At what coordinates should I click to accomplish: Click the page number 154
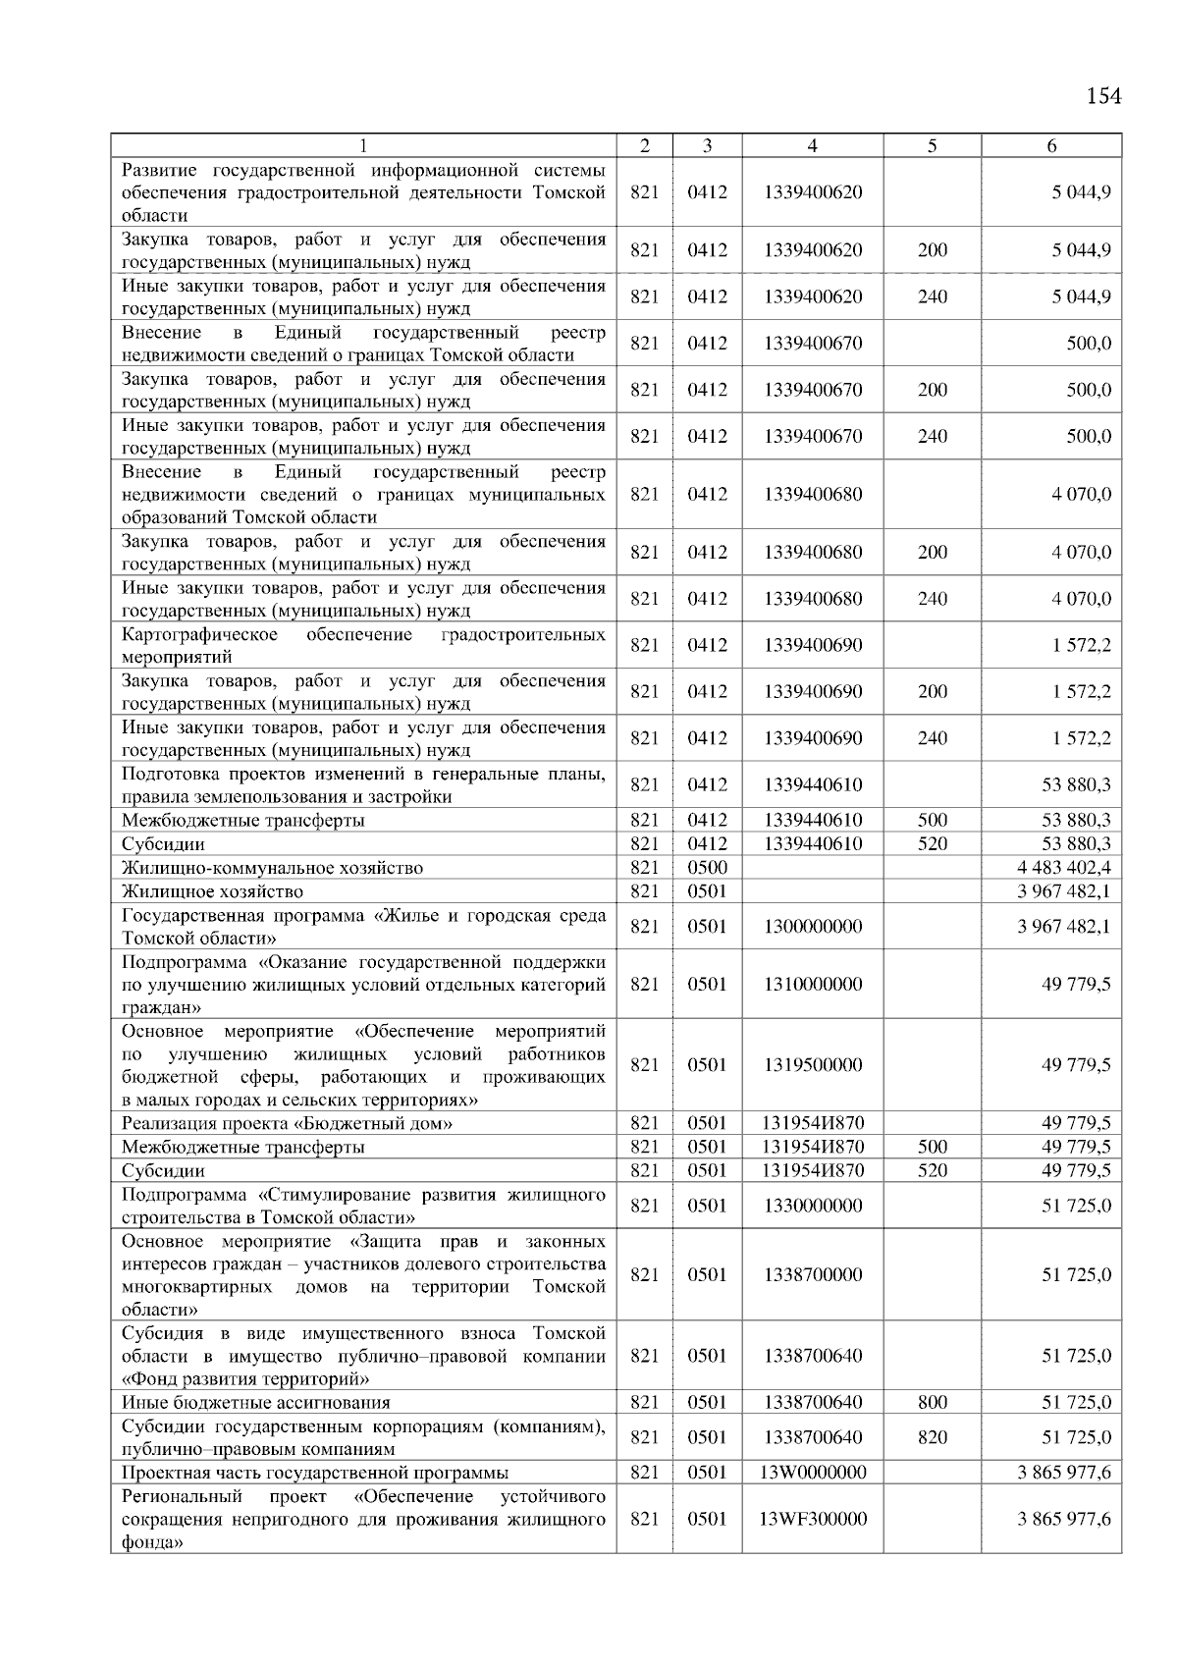pos(1103,96)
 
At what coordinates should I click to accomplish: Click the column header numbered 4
pos(812,146)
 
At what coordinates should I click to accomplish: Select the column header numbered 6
pos(1051,146)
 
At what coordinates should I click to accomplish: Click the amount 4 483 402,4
pos(1064,868)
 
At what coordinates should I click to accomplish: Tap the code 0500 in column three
pos(707,868)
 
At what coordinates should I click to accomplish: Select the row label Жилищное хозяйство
pos(212,891)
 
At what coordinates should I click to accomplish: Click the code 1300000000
pos(812,927)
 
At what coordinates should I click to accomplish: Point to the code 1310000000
pos(812,985)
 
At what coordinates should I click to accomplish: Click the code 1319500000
pos(812,1065)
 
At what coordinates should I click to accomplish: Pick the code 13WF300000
pos(812,1519)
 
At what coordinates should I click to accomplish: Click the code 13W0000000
pos(812,1473)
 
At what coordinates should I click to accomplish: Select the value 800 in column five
pos(932,1403)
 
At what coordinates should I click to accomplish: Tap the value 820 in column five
pos(932,1437)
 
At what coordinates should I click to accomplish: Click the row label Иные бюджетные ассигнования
pos(255,1403)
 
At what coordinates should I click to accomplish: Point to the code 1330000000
pos(812,1206)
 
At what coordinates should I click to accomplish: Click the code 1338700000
pos(812,1275)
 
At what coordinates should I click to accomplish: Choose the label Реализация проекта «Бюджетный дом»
pos(287,1124)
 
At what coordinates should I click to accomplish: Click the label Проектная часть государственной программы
pos(314,1473)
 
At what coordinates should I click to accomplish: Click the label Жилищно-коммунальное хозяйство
pos(272,868)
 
